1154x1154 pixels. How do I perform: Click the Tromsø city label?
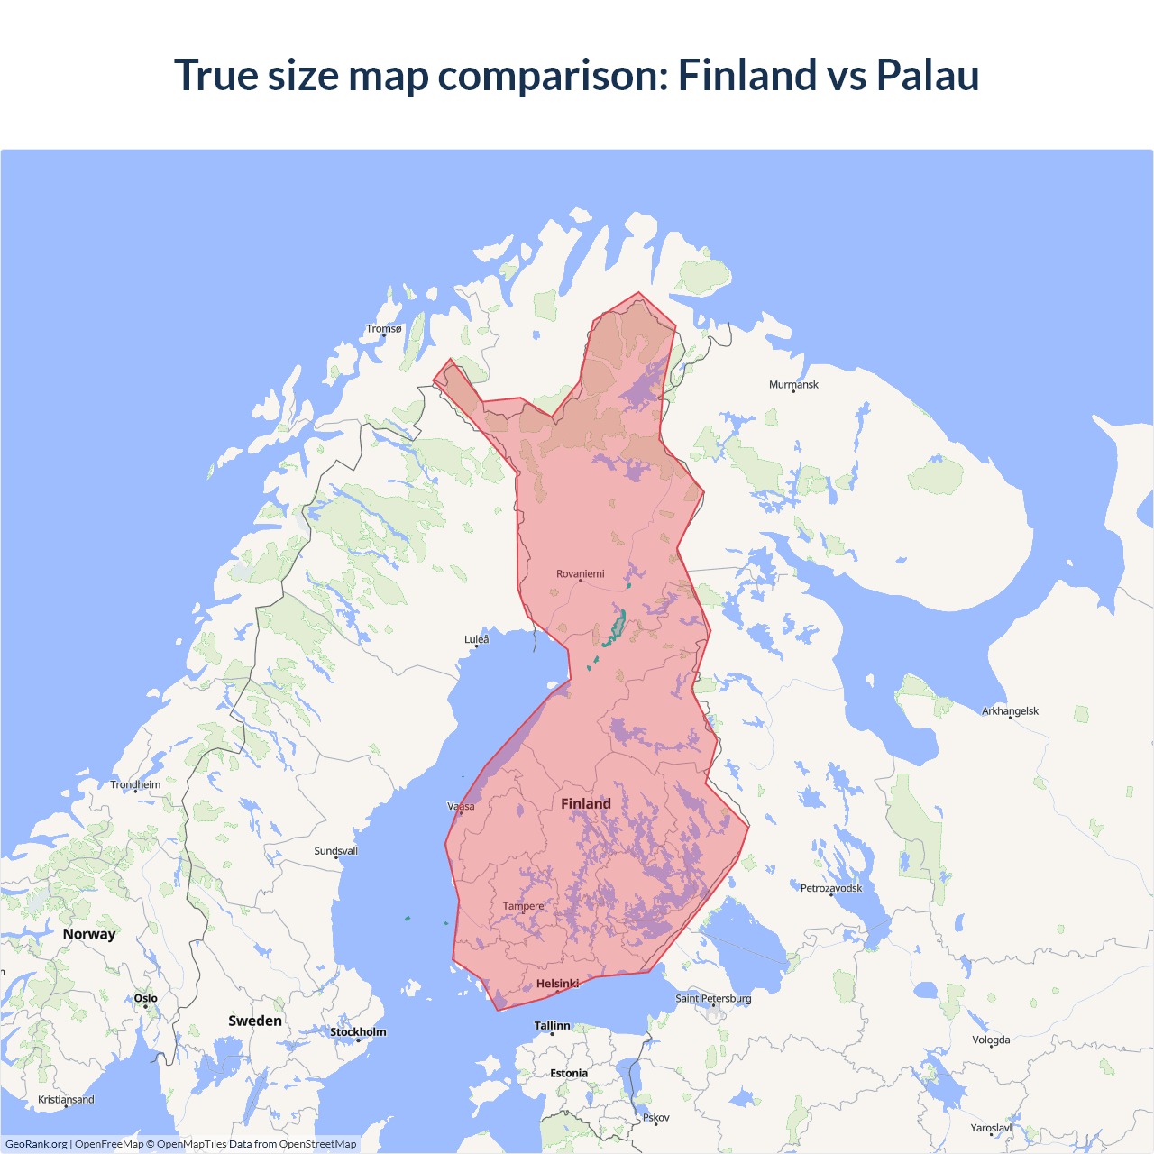point(383,329)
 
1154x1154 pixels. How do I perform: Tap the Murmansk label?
point(793,385)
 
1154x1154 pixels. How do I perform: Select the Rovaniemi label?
point(580,574)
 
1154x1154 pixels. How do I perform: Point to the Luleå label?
point(476,640)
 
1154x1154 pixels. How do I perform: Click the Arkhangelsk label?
point(1010,711)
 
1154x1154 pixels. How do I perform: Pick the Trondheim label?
point(135,785)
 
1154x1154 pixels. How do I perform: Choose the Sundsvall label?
point(335,851)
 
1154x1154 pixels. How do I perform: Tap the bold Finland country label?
point(585,804)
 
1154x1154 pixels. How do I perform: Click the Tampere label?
point(523,906)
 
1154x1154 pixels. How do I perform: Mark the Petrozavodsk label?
point(830,889)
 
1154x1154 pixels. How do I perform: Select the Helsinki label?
point(557,984)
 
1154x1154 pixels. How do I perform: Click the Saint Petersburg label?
point(713,999)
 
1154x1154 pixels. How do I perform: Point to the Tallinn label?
point(552,1026)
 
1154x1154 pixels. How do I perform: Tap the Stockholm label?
point(358,1032)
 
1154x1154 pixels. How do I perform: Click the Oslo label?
point(145,999)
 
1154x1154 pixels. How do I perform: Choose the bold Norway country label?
point(89,934)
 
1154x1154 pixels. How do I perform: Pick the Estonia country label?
point(569,1074)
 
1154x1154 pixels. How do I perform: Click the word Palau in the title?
point(927,75)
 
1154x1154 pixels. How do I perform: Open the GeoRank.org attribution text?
point(36,1144)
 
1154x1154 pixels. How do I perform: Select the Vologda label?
point(991,1040)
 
